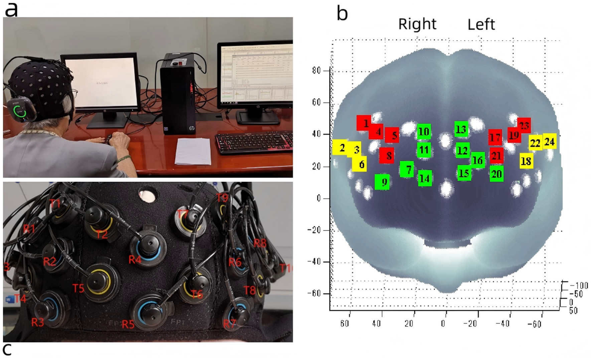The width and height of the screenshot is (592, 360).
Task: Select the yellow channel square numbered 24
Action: tap(549, 142)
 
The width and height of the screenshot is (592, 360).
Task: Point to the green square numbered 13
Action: tap(461, 129)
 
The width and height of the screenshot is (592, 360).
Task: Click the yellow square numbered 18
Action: tap(526, 161)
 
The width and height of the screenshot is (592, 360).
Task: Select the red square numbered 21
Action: tap(496, 155)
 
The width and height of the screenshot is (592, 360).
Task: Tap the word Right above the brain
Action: tap(417, 24)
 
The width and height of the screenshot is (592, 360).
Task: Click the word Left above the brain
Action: tap(481, 24)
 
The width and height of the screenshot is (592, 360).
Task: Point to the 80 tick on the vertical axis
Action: tap(316, 70)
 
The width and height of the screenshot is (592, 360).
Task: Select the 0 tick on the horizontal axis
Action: tap(443, 323)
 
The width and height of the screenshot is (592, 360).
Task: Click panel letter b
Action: tap(342, 14)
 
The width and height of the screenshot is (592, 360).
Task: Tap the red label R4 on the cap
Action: tap(135, 259)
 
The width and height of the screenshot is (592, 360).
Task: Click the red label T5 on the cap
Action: tap(79, 288)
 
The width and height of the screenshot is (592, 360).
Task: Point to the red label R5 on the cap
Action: tap(128, 324)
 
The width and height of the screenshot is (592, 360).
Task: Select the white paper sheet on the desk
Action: tap(193, 151)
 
